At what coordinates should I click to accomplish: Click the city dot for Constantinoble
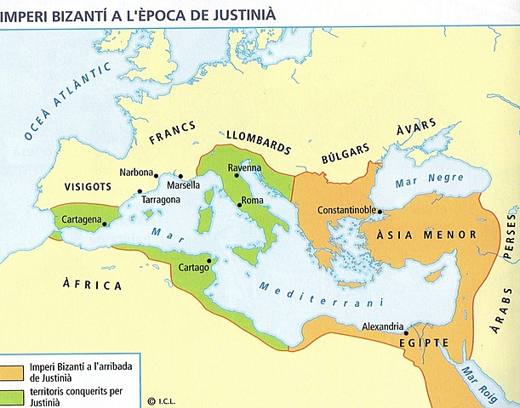[380, 212]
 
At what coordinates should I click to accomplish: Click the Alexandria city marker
[406, 333]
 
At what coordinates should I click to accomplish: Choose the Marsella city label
[183, 185]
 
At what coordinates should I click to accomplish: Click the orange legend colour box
[13, 369]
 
